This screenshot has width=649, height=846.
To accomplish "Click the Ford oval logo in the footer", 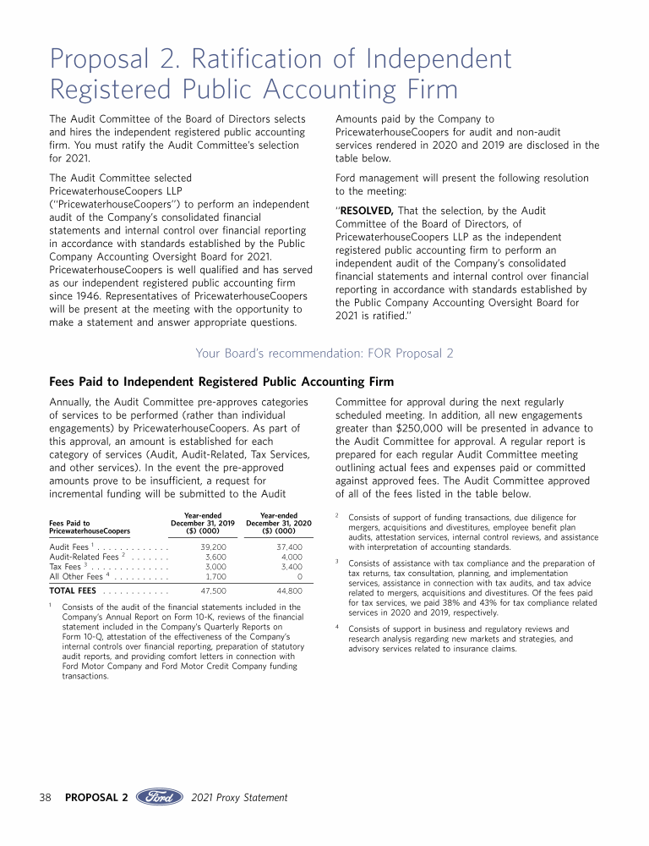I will [161, 797].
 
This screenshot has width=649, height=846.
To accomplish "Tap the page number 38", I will [47, 798].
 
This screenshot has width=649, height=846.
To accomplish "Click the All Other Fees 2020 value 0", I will [300, 576].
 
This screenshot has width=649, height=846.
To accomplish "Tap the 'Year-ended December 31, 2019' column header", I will [203, 524].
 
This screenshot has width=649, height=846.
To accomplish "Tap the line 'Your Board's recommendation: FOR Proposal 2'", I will [324, 353].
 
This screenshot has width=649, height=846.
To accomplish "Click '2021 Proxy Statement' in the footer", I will [240, 798].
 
